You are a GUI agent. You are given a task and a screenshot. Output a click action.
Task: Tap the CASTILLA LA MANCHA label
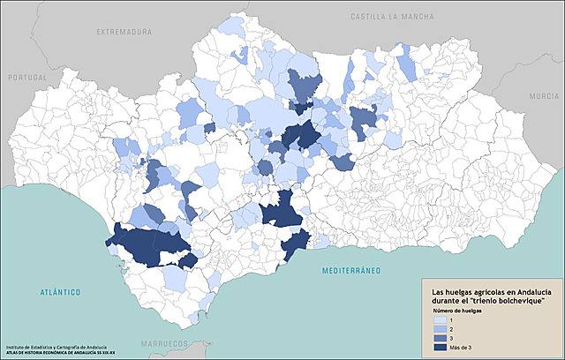[x=394, y=17]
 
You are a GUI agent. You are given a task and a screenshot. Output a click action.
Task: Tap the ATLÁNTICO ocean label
[x=60, y=291]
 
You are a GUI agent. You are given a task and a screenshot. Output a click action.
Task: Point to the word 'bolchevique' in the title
[x=516, y=302]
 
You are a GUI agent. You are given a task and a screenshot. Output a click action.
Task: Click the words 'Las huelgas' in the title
[x=450, y=292]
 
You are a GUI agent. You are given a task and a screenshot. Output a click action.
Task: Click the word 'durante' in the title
[x=446, y=302]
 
